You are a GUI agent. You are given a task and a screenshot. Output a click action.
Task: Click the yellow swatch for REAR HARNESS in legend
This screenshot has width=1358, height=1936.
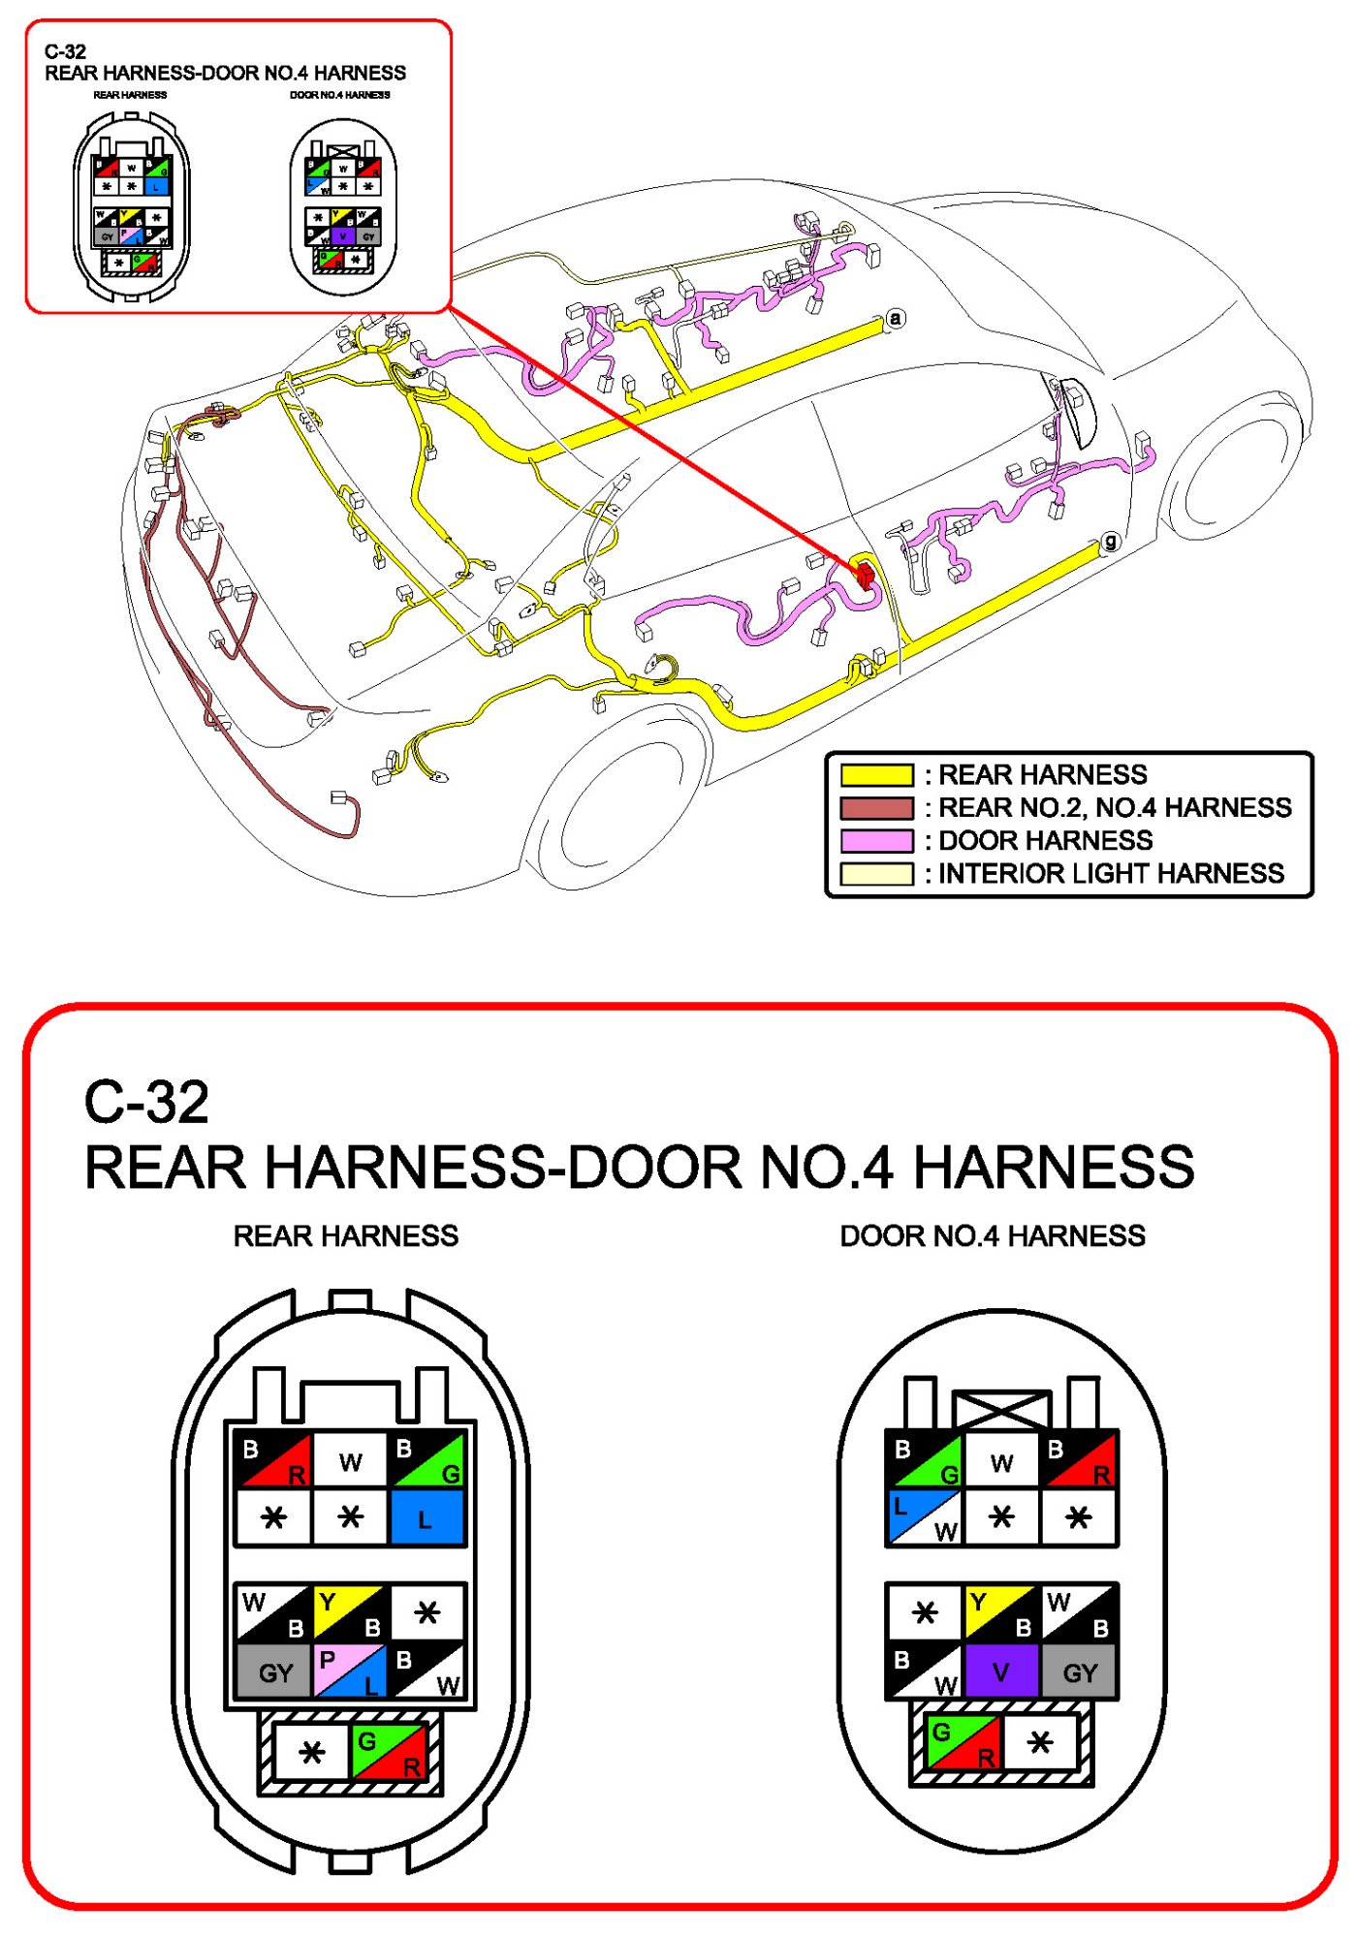pos(876,775)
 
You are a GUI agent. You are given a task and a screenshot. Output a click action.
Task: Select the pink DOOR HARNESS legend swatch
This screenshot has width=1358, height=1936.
pos(876,840)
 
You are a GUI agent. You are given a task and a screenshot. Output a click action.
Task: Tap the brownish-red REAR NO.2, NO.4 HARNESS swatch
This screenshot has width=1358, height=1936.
pos(876,808)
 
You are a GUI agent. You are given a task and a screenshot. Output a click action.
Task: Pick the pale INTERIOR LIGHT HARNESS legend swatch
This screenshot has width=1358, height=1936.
pos(876,873)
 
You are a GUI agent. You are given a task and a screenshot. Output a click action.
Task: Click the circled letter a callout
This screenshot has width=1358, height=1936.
pos(896,318)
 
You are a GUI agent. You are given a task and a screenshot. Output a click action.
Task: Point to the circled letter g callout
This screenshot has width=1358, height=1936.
pos(1111,542)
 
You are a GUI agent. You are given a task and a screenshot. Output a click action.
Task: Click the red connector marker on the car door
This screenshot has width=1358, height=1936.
pos(864,574)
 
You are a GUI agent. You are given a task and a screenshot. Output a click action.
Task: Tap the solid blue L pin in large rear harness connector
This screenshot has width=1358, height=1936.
pos(426,1517)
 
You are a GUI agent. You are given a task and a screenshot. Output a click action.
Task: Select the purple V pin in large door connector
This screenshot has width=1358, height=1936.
pos(1001,1671)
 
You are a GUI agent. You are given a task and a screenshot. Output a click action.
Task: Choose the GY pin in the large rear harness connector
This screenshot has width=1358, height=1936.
pos(274,1671)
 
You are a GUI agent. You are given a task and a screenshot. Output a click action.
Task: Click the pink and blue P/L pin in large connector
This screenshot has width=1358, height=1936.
pos(350,1671)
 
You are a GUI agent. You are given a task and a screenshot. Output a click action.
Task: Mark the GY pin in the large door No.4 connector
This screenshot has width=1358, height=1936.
pos(1079,1671)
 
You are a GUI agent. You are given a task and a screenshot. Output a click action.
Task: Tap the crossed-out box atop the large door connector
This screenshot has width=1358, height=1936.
pos(1001,1410)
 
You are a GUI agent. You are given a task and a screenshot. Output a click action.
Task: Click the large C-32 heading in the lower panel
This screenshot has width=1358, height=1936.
pos(146,1102)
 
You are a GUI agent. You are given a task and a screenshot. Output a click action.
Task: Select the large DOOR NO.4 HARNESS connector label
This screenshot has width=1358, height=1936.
pos(992,1235)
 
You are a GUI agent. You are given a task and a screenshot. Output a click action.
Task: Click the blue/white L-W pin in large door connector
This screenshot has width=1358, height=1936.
pos(925,1517)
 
